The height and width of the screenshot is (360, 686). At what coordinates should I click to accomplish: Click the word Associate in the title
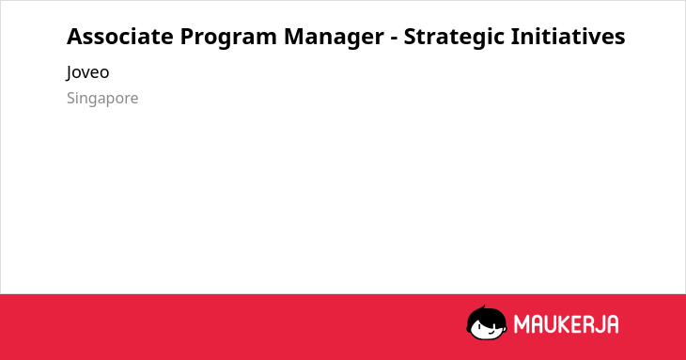tap(120, 37)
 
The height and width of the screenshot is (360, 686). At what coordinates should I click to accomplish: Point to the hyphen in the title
tap(394, 39)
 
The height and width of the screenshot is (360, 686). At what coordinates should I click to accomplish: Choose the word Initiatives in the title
tap(568, 37)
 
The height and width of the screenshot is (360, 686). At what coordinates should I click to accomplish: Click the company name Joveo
tap(87, 72)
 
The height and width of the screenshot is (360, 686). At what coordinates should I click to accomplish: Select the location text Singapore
tap(102, 99)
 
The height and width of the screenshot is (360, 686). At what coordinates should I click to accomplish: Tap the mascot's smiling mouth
tap(491, 332)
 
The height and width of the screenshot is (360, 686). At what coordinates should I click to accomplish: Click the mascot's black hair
tap(486, 316)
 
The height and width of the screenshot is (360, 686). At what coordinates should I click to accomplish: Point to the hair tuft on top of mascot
tap(484, 307)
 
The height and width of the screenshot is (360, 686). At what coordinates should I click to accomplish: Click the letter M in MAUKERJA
tap(521, 324)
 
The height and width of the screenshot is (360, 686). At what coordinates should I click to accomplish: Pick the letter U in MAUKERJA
tap(551, 324)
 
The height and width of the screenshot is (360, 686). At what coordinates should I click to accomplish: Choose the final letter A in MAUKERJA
tap(614, 324)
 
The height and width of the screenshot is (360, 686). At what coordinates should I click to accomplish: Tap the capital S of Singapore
tap(70, 98)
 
